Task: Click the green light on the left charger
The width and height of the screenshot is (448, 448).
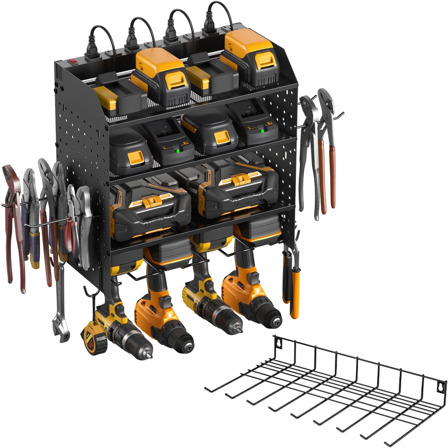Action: coord(178,150)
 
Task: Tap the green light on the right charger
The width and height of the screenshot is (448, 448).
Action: coord(262,131)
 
